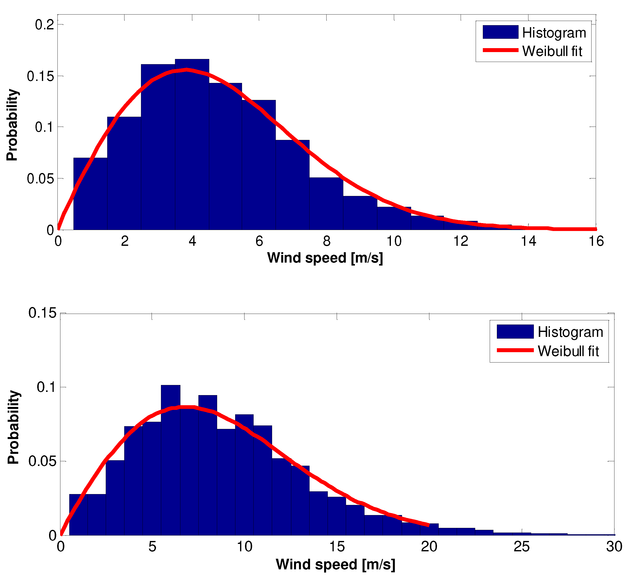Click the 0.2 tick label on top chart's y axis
(45, 25)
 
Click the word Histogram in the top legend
(554, 33)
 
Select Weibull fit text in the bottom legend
(568, 351)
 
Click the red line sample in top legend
(500, 50)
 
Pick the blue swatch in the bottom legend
(515, 331)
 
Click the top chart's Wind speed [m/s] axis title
(325, 258)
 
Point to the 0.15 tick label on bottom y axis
(42, 313)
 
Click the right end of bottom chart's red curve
(429, 525)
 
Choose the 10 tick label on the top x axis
(394, 241)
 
